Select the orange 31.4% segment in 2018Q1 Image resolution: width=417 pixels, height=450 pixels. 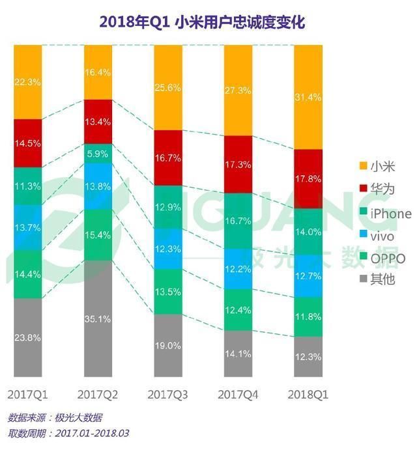309,97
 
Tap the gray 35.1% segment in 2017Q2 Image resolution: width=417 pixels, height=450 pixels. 99,318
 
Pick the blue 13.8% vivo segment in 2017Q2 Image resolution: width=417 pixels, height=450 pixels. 99,186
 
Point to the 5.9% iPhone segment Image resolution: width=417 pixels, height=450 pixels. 99,154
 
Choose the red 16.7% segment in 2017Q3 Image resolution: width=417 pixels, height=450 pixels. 169,158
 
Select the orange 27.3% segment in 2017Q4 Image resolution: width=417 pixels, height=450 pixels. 238,91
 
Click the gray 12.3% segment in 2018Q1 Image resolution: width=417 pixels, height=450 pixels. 309,356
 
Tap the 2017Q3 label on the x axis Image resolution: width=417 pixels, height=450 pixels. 169,395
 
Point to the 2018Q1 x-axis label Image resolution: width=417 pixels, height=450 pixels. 309,395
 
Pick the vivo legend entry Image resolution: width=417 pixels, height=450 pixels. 380,235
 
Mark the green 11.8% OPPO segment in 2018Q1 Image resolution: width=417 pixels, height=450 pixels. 309,316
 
